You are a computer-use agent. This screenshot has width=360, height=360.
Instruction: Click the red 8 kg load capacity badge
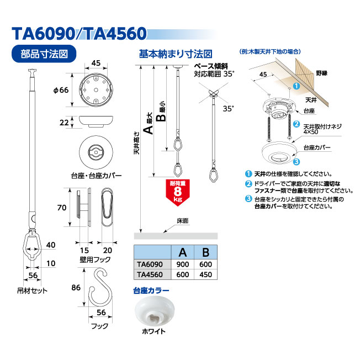[x=177, y=192]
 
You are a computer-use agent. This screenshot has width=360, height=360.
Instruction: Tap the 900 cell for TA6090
[x=183, y=264]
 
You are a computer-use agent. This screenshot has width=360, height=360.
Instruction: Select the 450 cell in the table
[x=205, y=274]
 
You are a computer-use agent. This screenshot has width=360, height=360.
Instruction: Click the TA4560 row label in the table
[x=150, y=274]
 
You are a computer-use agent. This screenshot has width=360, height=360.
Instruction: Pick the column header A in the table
[x=183, y=252]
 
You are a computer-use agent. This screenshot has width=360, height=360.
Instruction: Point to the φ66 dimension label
[x=61, y=90]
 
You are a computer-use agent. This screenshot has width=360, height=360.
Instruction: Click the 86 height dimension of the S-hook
[x=76, y=288]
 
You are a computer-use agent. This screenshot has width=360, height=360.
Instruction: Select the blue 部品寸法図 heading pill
[x=44, y=54]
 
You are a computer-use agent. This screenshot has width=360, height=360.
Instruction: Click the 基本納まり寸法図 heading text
[x=176, y=54]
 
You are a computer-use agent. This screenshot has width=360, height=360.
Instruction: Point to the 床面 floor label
[x=183, y=221]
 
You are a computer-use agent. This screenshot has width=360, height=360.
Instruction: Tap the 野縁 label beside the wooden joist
[x=321, y=73]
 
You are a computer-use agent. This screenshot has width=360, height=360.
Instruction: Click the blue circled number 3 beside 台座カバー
[x=297, y=162]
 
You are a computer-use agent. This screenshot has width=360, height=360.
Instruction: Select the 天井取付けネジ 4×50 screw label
[x=322, y=129]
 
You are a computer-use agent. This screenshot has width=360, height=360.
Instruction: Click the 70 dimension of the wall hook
[x=61, y=208]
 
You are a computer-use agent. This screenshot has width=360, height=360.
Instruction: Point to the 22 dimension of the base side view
[x=64, y=123]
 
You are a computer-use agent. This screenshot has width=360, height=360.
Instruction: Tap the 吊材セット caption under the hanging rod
[x=32, y=290]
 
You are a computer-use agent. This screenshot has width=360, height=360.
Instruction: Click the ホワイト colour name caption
[x=153, y=331]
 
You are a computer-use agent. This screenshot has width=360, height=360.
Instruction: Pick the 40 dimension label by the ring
[x=51, y=245]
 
